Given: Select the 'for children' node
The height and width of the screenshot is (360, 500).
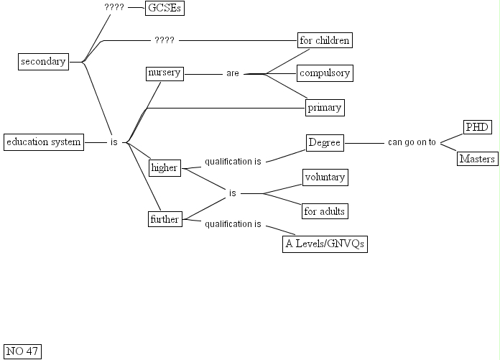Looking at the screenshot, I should click(x=325, y=40).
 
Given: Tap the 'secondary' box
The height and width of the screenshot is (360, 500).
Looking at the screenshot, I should click(x=43, y=62).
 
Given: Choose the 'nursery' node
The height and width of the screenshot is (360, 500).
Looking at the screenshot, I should click(x=164, y=73).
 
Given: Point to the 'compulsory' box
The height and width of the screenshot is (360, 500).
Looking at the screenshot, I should click(x=325, y=73).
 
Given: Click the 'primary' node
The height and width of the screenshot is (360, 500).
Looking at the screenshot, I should click(x=325, y=108).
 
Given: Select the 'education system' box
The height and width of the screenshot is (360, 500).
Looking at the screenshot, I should click(x=43, y=142).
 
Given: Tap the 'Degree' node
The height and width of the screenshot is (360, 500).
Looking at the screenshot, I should click(x=325, y=143).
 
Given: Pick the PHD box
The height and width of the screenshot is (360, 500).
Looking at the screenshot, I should click(x=477, y=127).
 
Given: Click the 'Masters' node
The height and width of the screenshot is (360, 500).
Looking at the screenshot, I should click(x=477, y=159).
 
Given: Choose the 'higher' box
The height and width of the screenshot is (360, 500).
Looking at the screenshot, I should click(x=164, y=167).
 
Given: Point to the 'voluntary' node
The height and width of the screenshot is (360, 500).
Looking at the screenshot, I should click(x=325, y=177).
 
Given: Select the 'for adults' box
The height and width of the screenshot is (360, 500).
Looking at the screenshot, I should click(x=325, y=211).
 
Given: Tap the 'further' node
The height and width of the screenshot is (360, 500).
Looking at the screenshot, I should click(x=164, y=219).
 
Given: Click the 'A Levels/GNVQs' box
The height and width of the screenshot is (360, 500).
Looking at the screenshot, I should click(x=325, y=244).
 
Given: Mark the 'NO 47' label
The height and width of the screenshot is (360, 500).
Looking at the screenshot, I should click(x=22, y=351).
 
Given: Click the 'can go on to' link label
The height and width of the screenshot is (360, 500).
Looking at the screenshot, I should click(x=412, y=142).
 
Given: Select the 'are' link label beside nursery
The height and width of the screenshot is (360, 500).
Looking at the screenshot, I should click(x=232, y=73).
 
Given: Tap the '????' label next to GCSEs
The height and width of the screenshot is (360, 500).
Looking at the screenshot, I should click(x=114, y=8).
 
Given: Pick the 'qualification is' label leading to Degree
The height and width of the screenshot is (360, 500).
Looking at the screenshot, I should click(x=233, y=162).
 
